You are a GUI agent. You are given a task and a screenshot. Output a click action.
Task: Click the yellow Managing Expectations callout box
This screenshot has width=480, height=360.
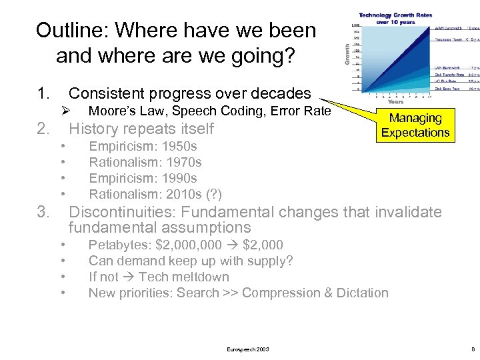(415, 125)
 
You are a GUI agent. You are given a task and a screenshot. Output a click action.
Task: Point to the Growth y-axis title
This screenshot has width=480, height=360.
(346, 53)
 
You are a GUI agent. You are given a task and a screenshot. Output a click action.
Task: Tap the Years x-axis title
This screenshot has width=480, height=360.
(396, 102)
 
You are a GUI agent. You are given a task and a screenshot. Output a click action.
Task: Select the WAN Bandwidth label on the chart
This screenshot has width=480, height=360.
(449, 29)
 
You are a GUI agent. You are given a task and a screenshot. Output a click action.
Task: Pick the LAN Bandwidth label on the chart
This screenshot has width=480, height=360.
(449, 68)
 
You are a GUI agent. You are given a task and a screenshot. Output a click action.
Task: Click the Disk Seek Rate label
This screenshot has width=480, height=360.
(448, 88)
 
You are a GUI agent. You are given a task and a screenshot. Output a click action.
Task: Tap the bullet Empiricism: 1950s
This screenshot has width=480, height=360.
(143, 146)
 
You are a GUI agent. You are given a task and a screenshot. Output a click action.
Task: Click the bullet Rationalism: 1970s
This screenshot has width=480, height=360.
(145, 162)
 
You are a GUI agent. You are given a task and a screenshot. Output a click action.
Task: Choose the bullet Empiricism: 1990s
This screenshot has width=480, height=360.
(143, 178)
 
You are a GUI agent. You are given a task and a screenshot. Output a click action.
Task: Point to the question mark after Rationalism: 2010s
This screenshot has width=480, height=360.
(214, 194)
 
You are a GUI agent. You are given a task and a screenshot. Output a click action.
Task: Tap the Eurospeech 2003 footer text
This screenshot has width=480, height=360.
(248, 349)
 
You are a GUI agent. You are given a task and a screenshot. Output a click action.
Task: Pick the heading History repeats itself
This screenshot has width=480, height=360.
(141, 129)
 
